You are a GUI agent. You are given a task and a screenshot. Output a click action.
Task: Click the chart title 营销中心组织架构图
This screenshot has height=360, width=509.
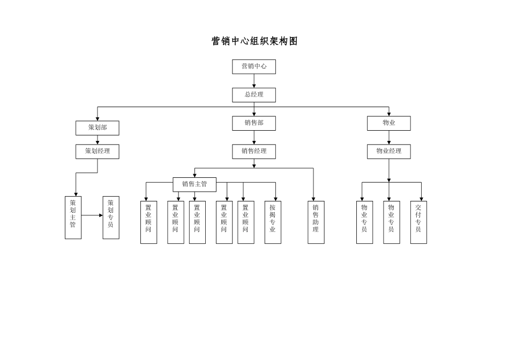pos(254,42)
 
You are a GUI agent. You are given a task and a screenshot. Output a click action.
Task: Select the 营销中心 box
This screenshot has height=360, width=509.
pos(254,66)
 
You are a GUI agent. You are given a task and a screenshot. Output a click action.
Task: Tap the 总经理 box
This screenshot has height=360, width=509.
pos(254,95)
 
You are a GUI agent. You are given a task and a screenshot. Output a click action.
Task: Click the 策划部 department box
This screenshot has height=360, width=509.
pos(98,127)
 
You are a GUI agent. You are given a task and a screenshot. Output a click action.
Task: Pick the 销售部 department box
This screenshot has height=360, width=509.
pos(254,123)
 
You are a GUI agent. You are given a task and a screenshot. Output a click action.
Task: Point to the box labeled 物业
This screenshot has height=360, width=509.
pos(389,123)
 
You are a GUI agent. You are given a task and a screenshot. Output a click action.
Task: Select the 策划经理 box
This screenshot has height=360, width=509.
pos(98,151)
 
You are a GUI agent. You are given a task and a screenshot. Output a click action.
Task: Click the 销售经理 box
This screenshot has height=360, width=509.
pos(254,151)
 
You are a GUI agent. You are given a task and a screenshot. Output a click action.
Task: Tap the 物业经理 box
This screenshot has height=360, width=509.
pos(389,151)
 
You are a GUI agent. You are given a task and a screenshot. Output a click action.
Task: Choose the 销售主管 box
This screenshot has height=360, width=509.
pos(194,184)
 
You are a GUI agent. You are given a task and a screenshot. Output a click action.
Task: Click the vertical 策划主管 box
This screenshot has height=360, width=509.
pos(73,217)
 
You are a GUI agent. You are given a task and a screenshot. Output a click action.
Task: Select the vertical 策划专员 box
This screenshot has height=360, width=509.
pos(111,217)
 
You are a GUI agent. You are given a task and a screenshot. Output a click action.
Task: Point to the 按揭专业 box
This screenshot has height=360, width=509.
pos(273,222)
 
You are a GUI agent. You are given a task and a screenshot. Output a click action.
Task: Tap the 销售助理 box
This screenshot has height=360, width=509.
pos(316,222)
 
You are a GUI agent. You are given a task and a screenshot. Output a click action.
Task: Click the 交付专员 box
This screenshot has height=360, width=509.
pos(418,222)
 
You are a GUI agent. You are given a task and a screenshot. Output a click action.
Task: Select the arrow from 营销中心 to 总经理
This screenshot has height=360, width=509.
pos(254,81)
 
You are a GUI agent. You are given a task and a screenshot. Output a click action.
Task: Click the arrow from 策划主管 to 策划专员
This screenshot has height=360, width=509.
pos(92,215)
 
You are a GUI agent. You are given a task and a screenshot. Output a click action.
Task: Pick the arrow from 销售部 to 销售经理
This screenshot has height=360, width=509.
pos(254,138)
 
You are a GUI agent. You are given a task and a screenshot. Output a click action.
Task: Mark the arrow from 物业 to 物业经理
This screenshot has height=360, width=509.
pos(389,138)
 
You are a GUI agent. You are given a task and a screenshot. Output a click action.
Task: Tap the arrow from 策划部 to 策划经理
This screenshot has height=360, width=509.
pos(98,140)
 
